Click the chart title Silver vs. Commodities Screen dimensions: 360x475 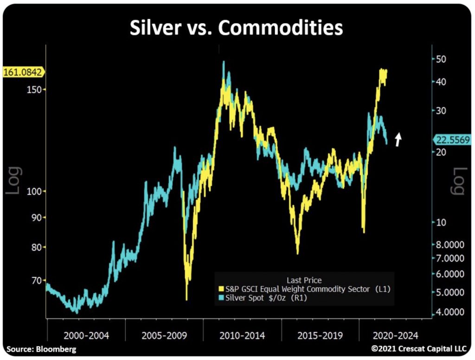click(236, 28)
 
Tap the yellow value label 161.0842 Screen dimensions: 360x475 click(23, 72)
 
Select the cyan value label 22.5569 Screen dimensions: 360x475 click(452, 139)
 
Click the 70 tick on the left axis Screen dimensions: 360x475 click(36, 280)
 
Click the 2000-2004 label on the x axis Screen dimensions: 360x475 click(86, 335)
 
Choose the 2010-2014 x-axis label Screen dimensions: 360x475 click(243, 335)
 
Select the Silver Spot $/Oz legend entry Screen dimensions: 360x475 click(266, 298)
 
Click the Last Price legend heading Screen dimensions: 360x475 click(304, 280)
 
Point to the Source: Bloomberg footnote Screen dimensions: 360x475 click(41, 349)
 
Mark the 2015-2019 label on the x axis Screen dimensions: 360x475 click(320, 335)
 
